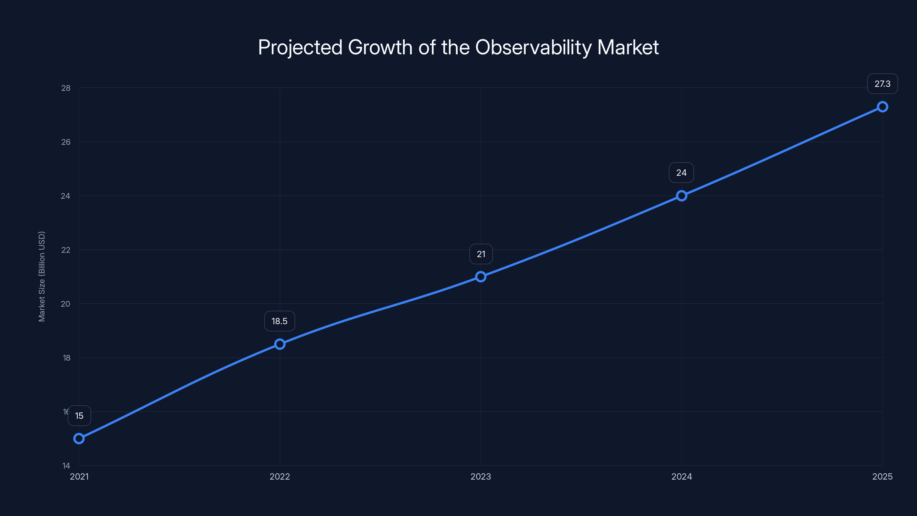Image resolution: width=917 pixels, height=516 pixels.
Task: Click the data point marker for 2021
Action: coord(79,438)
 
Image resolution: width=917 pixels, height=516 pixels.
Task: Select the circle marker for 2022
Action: coord(280,344)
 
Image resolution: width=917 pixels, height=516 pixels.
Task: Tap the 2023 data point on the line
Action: coord(481,277)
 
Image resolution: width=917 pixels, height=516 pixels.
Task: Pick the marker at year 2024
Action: coord(681,196)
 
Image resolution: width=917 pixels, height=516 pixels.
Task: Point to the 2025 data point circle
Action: coord(882,107)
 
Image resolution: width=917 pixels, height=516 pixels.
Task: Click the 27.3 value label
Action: coord(882,84)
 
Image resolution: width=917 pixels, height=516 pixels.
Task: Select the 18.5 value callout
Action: coord(279,321)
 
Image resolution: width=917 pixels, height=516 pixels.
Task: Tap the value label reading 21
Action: coord(481,254)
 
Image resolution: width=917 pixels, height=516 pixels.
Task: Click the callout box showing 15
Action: coord(79,416)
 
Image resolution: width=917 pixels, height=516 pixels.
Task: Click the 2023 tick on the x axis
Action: coord(481,476)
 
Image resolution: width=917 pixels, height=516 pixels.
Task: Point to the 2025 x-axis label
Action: coord(882,476)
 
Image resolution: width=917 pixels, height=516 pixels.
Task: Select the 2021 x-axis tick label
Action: coord(79,476)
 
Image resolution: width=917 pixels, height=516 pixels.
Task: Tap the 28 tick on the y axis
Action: coord(66,88)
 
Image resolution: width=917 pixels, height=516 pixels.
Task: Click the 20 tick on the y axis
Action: coord(66,304)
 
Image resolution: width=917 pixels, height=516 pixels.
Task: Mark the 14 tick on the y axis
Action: coord(66,466)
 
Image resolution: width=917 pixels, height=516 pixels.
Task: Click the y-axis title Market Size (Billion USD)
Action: coord(42,276)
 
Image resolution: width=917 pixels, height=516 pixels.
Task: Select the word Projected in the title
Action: coord(300,47)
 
